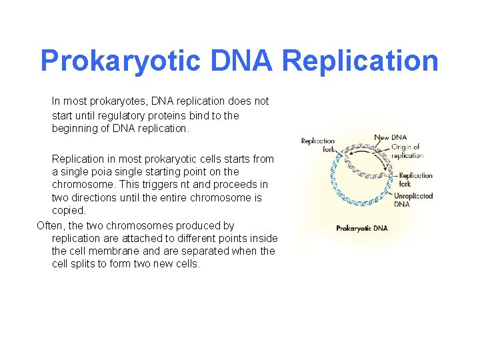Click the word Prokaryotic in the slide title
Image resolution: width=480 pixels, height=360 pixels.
(x=121, y=61)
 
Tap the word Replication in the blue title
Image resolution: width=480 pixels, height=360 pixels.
(x=360, y=61)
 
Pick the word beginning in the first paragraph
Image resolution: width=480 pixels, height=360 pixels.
(x=77, y=129)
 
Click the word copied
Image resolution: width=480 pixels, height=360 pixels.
(x=69, y=211)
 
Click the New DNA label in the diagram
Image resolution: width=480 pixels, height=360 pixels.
(x=390, y=138)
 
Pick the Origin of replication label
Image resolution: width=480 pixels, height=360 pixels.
(x=406, y=151)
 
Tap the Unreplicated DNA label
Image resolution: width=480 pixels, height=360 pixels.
(x=413, y=200)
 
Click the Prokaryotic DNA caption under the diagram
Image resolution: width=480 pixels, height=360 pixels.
(x=361, y=229)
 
